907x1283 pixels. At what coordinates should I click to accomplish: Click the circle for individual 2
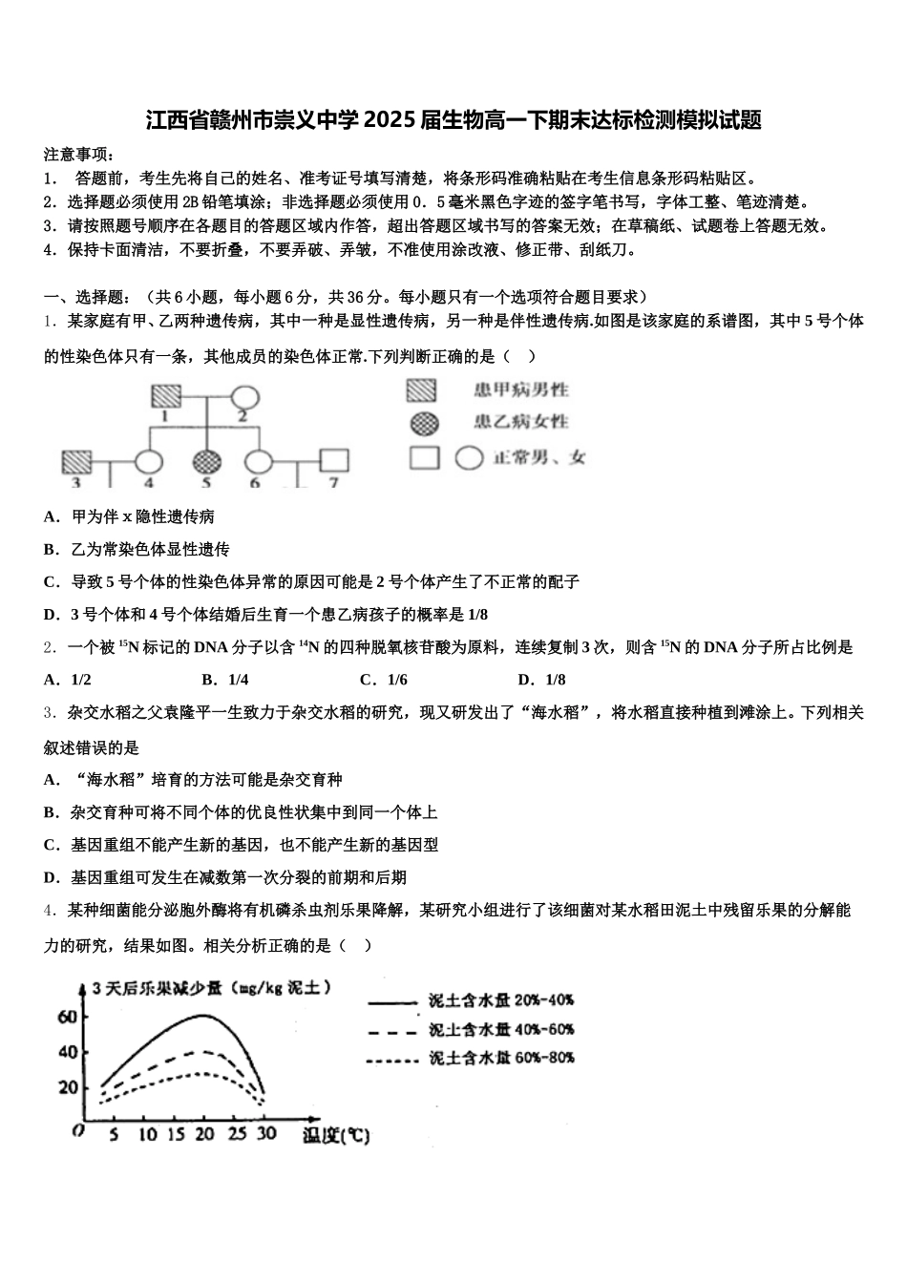(243, 395)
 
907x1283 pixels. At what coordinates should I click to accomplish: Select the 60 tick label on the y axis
(67, 1017)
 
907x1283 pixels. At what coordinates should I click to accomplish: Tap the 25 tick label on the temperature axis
(238, 1134)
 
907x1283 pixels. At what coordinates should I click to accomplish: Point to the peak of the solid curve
(203, 1015)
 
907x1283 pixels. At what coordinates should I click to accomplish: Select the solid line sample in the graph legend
(392, 1002)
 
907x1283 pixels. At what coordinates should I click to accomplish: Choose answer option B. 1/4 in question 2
(225, 680)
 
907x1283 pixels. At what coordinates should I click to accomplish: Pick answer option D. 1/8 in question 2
(541, 680)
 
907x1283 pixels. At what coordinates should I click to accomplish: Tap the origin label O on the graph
(78, 1131)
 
